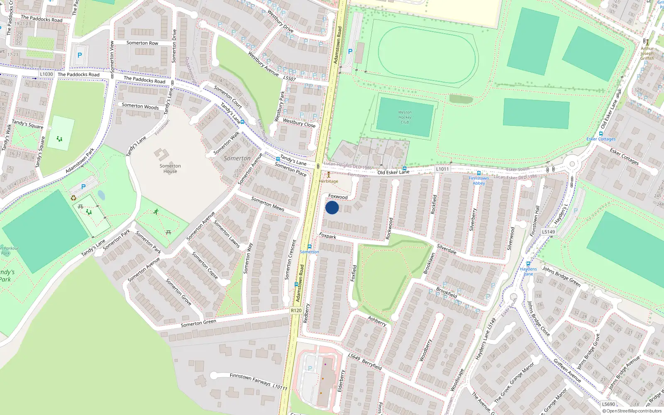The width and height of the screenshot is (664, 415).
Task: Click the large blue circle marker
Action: coord(332,207)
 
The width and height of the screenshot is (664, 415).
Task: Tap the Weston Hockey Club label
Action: coord(405,117)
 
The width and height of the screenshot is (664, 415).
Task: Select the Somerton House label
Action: coord(170,168)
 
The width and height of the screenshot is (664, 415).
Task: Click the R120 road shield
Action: coord(296,310)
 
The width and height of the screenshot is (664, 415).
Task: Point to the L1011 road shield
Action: coord(442,169)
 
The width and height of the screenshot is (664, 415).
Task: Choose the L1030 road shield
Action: coord(46,74)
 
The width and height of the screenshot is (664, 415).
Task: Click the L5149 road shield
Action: coord(548,232)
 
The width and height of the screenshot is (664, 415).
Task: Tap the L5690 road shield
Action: coord(608,404)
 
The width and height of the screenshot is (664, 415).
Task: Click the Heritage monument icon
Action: coord(329,175)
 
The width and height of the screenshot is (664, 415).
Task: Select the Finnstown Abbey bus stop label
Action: coord(478,181)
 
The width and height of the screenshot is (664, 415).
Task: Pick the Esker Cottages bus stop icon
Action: coord(601,134)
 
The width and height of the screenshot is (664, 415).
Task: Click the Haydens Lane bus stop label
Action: coord(528,271)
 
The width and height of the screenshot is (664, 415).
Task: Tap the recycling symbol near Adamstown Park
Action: coord(73,198)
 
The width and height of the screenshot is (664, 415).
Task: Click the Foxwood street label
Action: coord(338,197)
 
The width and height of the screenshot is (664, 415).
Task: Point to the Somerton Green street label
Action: coord(198,323)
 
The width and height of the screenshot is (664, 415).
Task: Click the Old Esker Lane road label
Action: coord(393,172)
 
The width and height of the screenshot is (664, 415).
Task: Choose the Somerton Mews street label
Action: coord(268,204)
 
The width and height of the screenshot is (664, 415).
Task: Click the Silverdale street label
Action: coord(447,249)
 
